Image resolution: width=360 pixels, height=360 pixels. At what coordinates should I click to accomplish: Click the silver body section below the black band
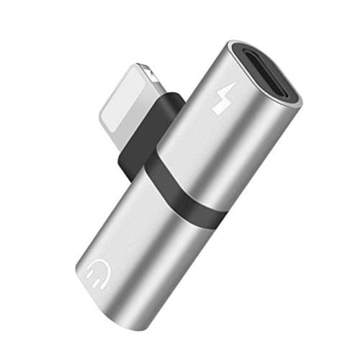(144, 245)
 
